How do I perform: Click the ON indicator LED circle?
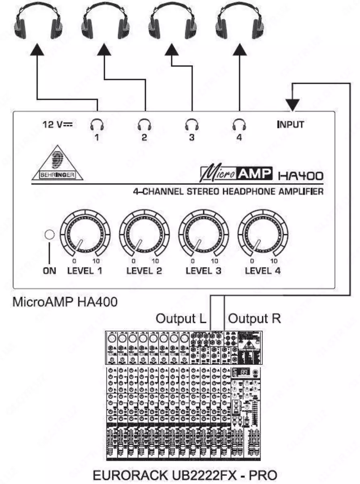(50, 235)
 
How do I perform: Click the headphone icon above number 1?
(97, 124)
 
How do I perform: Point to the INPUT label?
(290, 124)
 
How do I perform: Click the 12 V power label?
(57, 124)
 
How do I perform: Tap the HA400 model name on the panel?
(301, 175)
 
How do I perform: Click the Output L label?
(181, 319)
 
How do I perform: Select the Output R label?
(254, 319)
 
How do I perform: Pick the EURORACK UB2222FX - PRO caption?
(185, 475)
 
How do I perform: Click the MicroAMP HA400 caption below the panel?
(65, 302)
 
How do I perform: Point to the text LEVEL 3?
(203, 271)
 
